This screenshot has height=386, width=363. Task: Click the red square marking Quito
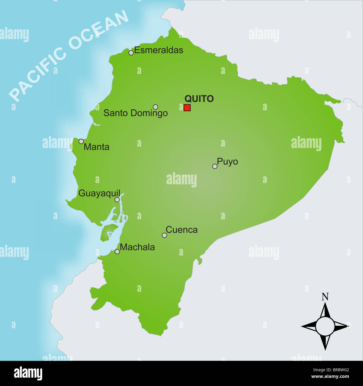[187, 108]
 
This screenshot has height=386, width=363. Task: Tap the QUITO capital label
[199, 99]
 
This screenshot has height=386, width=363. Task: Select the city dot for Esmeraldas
[131, 53]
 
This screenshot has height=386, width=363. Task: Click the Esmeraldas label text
[159, 50]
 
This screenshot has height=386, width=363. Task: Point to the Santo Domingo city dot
[156, 107]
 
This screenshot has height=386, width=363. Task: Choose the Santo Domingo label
[135, 113]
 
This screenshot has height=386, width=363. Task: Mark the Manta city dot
[81, 141]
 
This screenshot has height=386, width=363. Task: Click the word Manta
[97, 147]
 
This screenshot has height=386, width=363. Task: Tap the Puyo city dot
[215, 166]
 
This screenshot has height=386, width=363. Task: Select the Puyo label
[227, 162]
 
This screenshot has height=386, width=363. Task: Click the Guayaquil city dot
[117, 200]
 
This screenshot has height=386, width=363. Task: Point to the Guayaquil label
[99, 193]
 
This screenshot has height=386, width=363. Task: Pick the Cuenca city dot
[164, 235]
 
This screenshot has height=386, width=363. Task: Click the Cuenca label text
[181, 230]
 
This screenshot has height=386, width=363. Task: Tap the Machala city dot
[117, 252]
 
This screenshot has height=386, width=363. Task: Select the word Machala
[137, 247]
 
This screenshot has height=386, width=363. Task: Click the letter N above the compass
[325, 297]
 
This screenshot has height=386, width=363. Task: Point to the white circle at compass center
[325, 326]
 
